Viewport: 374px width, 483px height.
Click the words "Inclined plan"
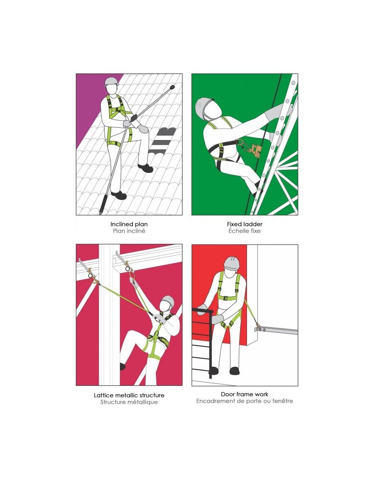click(129, 224)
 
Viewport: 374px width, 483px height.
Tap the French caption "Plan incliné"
click(129, 231)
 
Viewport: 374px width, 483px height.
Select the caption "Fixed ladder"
click(244, 224)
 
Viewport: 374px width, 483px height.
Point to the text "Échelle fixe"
click(244, 231)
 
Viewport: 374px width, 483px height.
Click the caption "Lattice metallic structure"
click(129, 395)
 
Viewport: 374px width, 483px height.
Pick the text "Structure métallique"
click(129, 402)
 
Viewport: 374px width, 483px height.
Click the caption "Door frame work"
click(244, 394)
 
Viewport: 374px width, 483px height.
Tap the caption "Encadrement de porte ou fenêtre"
click(244, 401)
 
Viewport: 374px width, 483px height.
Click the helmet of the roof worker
click(112, 81)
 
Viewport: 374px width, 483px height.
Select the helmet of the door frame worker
click(232, 263)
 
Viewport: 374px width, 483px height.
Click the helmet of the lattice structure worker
click(168, 300)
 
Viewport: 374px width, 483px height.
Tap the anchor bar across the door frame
click(276, 331)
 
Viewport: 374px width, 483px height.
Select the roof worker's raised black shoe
click(145, 168)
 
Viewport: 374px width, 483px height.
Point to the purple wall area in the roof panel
click(89, 102)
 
